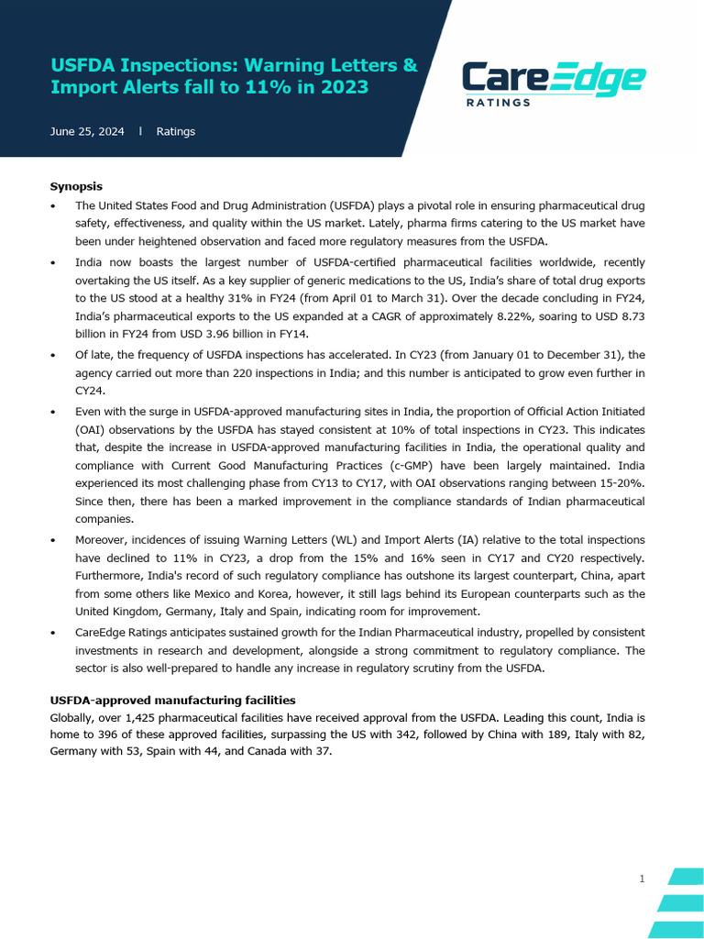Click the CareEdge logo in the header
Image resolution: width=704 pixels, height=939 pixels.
(x=553, y=80)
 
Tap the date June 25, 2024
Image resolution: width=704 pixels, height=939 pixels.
(x=87, y=132)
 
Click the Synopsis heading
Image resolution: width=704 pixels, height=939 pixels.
(x=76, y=186)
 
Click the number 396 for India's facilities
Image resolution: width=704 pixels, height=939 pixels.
(x=126, y=735)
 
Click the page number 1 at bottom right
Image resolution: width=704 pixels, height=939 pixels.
(x=642, y=879)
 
